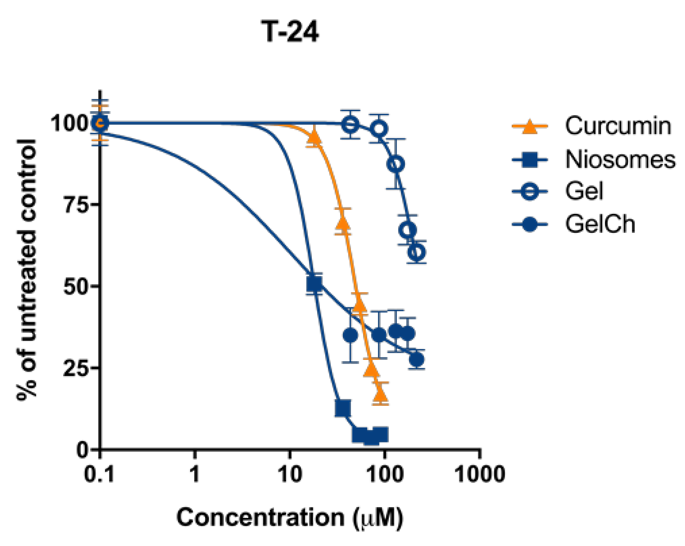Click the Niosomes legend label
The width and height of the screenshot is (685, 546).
(x=620, y=159)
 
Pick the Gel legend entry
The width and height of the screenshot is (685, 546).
(x=584, y=191)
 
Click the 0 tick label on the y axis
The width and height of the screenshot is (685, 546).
(x=83, y=450)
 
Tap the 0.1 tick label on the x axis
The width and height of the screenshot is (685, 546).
(x=99, y=474)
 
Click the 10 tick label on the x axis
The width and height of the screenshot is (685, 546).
(x=290, y=474)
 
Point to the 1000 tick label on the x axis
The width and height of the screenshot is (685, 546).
(x=480, y=474)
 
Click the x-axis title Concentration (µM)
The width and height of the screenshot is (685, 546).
(x=290, y=517)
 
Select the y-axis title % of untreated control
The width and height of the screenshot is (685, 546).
(x=27, y=270)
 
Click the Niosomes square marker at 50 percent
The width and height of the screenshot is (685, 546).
(x=314, y=284)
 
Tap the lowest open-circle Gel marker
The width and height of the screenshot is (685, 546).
(x=417, y=252)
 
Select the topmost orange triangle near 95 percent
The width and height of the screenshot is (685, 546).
(x=314, y=137)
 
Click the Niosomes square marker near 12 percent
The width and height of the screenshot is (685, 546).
(x=343, y=408)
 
